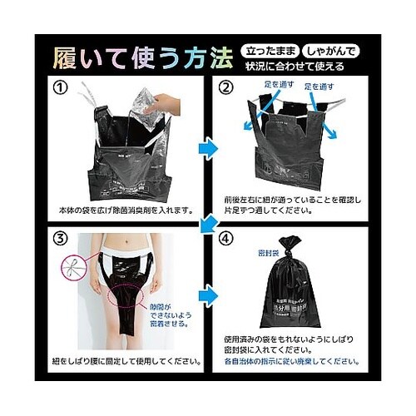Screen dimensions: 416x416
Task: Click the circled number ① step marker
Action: (x=62, y=86)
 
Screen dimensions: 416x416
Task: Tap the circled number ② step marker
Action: (x=225, y=86)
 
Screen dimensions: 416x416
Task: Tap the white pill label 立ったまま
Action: (x=268, y=50)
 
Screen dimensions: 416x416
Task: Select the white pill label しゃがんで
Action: (x=329, y=50)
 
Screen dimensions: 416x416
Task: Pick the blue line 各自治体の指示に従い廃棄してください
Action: (x=290, y=362)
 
